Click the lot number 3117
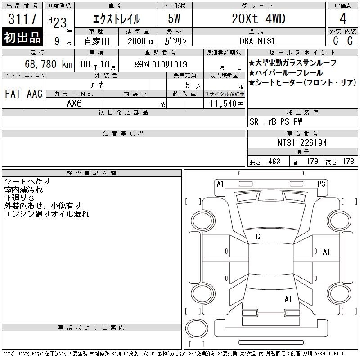[x=22, y=19]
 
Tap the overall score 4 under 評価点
[x=343, y=18]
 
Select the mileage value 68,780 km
[x=49, y=64]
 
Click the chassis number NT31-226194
[x=302, y=143]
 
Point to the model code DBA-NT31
[x=257, y=41]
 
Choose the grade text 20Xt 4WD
[x=258, y=18]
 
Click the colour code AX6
[x=74, y=103]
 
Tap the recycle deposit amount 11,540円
[x=226, y=103]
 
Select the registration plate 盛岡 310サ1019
[x=161, y=64]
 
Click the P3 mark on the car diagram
[x=321, y=184]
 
